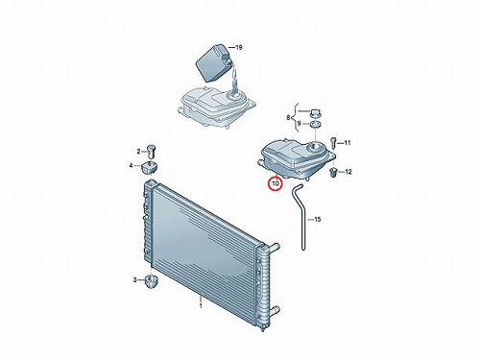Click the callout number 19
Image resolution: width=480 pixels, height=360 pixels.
(239, 48)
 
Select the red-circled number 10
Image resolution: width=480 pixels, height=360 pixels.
(276, 183)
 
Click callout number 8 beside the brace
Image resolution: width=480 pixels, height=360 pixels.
(288, 118)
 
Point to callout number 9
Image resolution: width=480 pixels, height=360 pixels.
(299, 124)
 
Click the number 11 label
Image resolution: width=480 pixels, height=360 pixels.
(348, 143)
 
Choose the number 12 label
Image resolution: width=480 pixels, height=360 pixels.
(348, 172)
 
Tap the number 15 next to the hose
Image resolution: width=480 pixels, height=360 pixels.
(317, 220)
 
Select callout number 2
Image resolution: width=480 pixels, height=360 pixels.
(138, 152)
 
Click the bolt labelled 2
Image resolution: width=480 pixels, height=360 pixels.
(151, 151)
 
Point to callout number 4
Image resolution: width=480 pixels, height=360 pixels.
(131, 165)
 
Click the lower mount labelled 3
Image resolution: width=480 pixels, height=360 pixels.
(150, 281)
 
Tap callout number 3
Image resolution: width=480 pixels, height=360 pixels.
(134, 280)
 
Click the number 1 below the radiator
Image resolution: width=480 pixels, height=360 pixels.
(201, 306)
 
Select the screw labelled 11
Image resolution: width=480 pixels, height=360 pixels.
(333, 142)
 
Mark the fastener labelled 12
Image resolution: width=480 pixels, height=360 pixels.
(333, 172)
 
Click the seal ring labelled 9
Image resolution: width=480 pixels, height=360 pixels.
(315, 124)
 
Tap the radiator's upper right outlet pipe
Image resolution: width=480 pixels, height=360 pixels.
(274, 247)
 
